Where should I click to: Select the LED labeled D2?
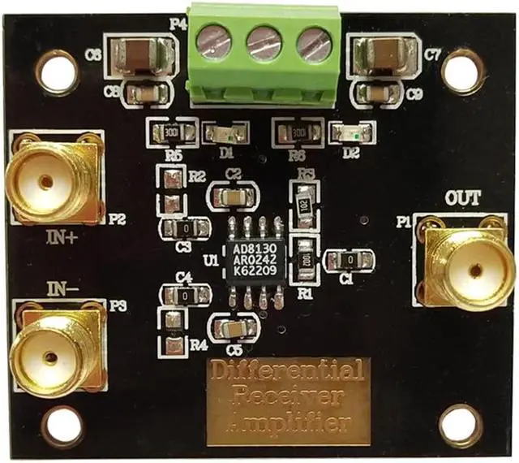coord(351,131)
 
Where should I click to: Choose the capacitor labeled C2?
coord(234,197)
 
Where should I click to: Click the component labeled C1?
coord(349,260)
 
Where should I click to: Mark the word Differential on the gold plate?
coord(287,374)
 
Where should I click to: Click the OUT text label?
coord(463,197)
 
